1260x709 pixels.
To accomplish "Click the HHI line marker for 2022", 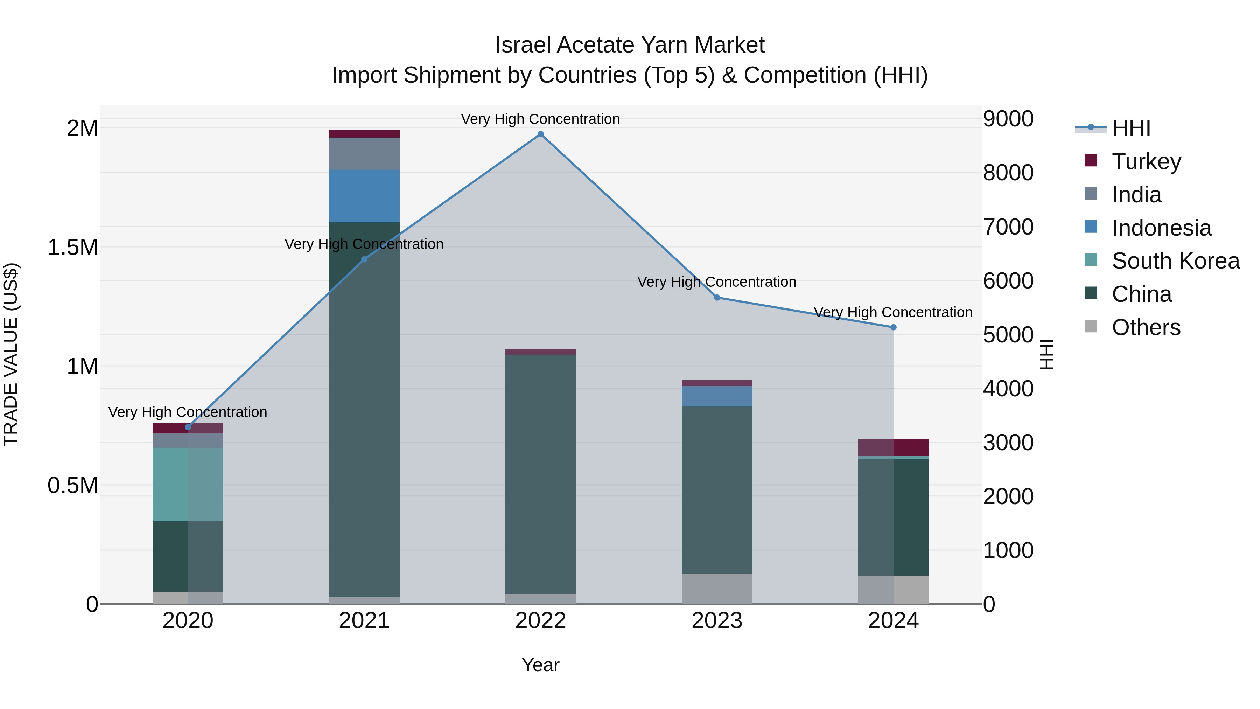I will (540, 134).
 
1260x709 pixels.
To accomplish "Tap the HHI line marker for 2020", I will (188, 427).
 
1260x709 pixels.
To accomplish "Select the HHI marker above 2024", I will (893, 327).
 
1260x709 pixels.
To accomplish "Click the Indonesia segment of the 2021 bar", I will (364, 196).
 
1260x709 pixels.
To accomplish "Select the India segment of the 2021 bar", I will (364, 154).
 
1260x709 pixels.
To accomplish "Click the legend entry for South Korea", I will (1175, 261).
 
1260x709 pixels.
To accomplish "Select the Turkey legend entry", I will (1146, 161).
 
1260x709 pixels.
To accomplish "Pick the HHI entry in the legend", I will (1130, 128).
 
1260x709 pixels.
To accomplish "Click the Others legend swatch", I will (1091, 326).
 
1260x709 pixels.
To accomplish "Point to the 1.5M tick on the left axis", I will (73, 248).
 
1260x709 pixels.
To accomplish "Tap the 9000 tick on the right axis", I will (1008, 119).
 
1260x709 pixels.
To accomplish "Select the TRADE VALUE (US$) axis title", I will (11, 354).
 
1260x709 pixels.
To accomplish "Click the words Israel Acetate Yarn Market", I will (630, 45).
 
